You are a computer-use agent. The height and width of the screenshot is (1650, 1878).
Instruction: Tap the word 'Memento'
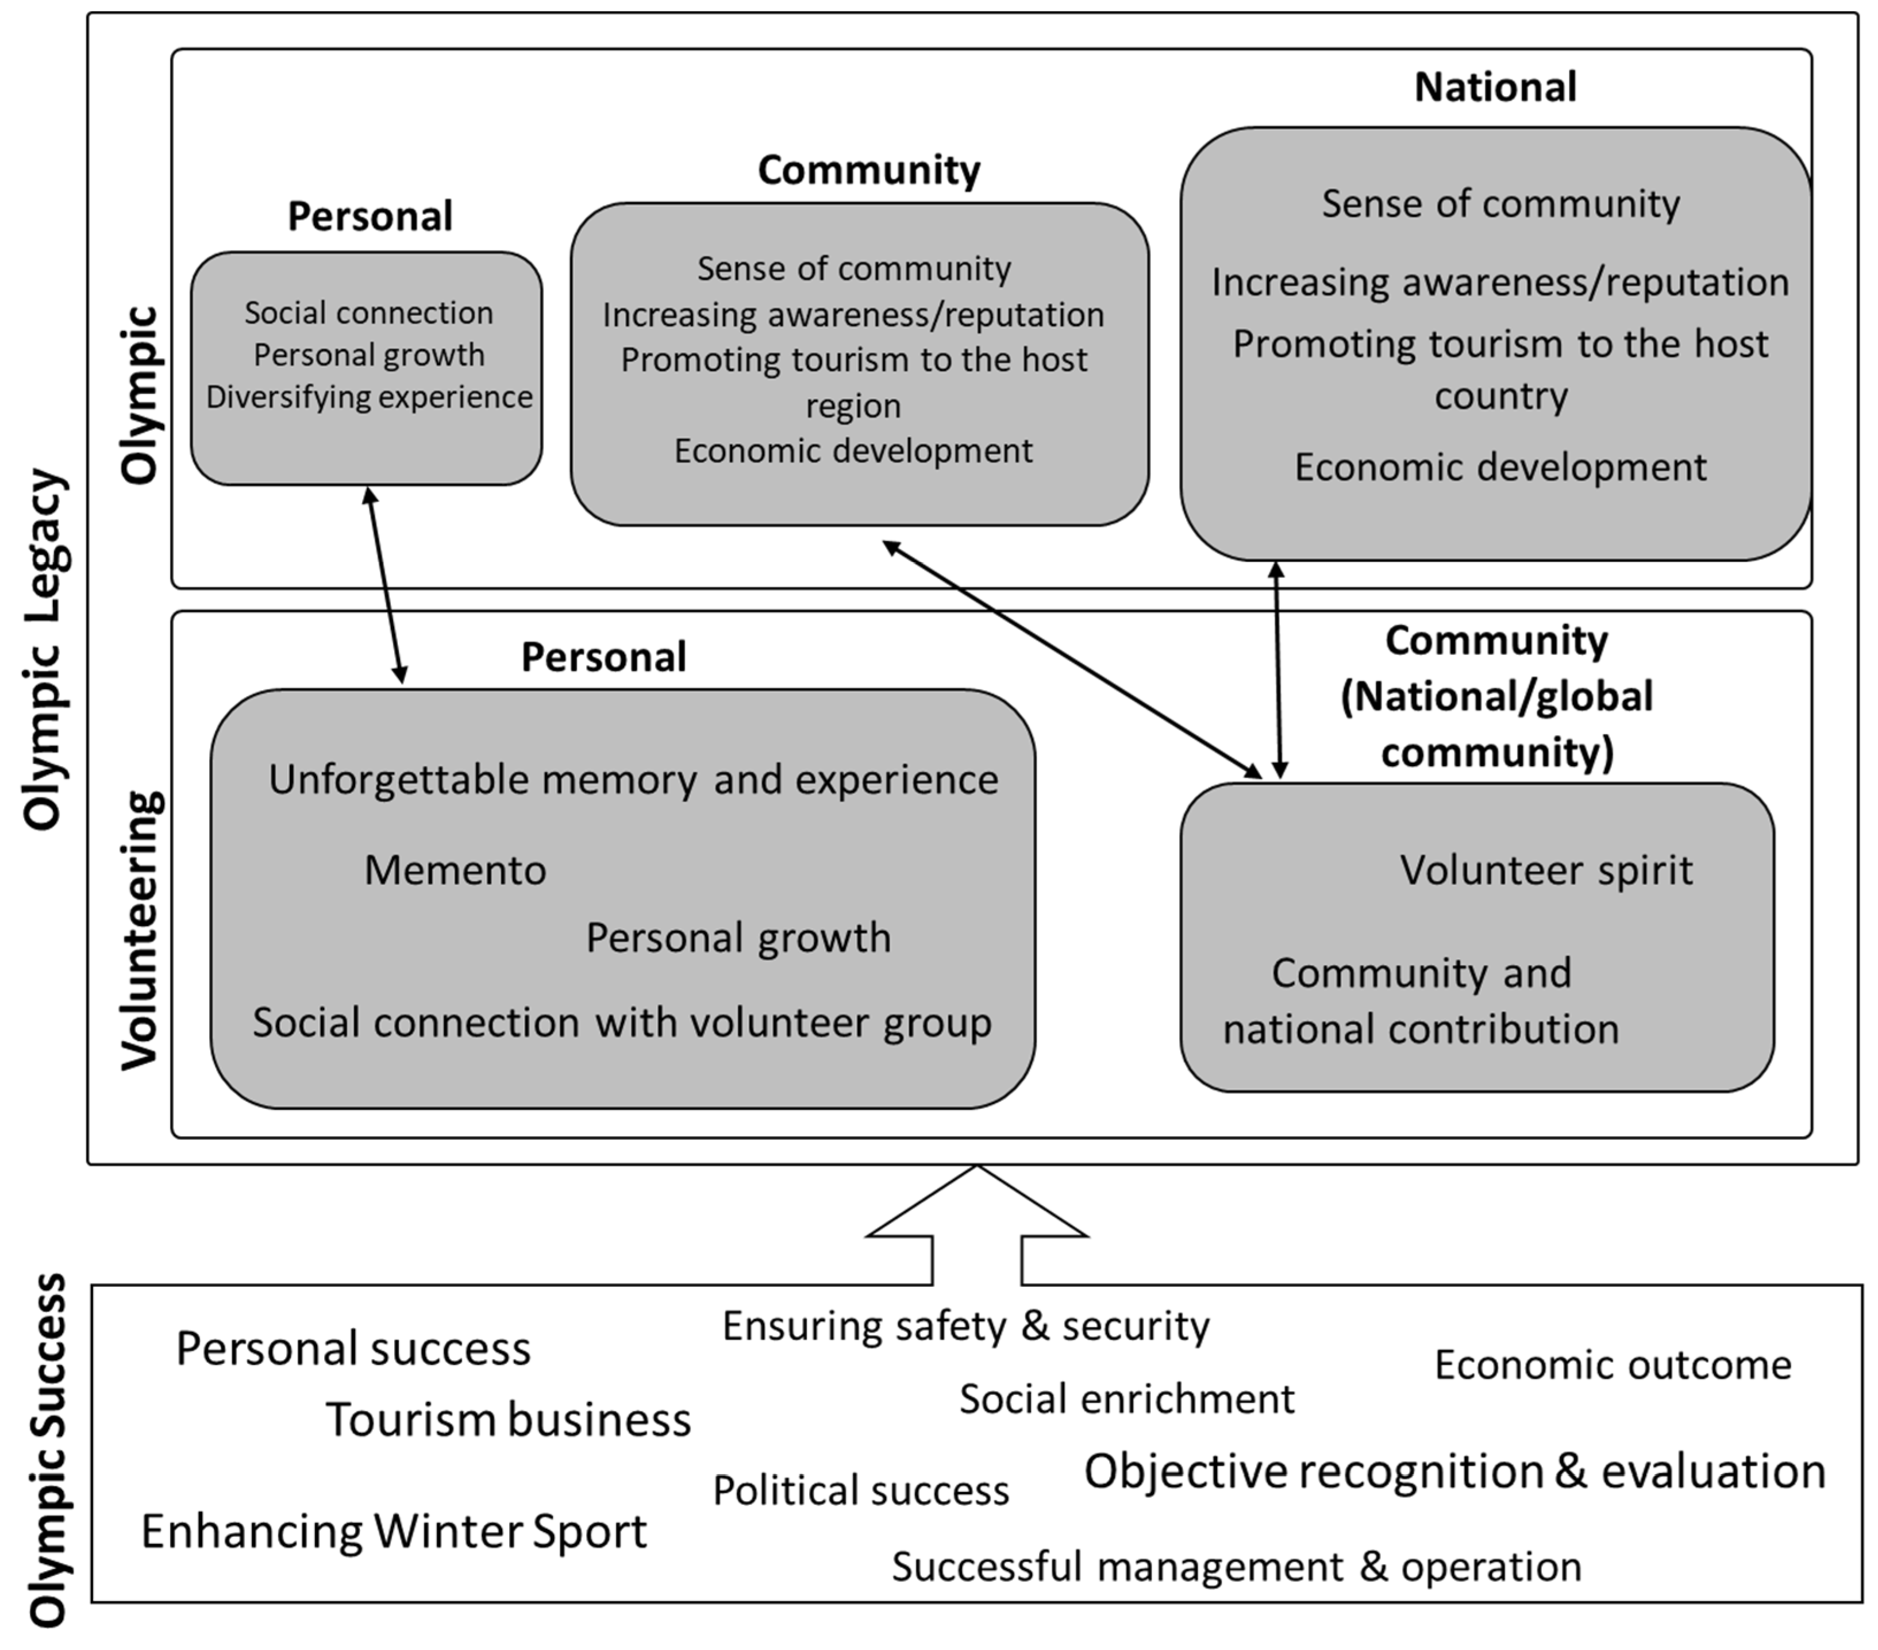pyautogui.click(x=455, y=870)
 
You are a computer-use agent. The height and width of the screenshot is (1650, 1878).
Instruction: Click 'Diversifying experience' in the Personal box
pyautogui.click(x=368, y=397)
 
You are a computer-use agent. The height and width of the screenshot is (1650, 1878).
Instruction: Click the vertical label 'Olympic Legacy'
pyautogui.click(x=44, y=650)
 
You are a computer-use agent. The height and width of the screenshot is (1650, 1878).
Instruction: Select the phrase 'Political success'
pyautogui.click(x=860, y=1490)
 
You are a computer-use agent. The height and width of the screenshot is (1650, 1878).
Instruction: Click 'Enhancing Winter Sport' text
pyautogui.click(x=393, y=1532)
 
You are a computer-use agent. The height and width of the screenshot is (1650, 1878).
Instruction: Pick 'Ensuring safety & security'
pyautogui.click(x=965, y=1326)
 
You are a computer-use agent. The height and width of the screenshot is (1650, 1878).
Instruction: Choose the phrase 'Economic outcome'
pyautogui.click(x=1613, y=1365)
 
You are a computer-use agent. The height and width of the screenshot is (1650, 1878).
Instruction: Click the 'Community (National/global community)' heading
pyautogui.click(x=1496, y=696)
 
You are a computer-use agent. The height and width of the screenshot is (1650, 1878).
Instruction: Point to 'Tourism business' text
pyautogui.click(x=508, y=1420)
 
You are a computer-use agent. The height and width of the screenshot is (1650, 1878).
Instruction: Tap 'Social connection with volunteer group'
pyautogui.click(x=622, y=1023)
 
